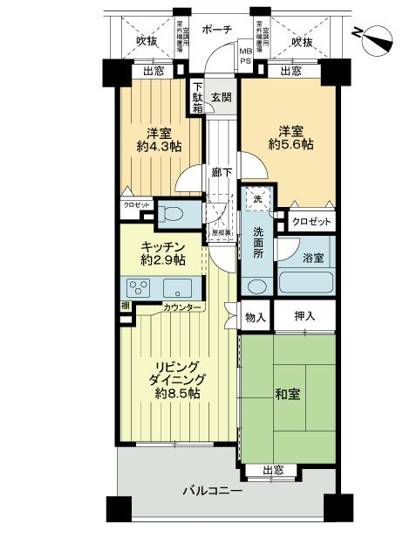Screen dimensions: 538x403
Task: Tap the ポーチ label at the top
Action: pyautogui.click(x=216, y=30)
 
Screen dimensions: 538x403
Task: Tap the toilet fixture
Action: pyautogui.click(x=171, y=212)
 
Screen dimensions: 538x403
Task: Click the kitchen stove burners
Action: pyautogui.click(x=140, y=288)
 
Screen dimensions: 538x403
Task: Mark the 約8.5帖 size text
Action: pyautogui.click(x=178, y=394)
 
